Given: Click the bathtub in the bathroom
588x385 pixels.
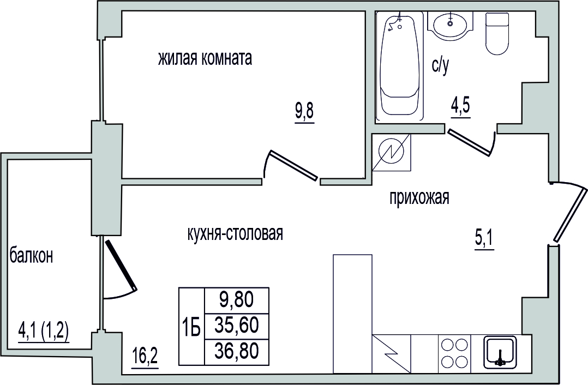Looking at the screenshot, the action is point(400,66).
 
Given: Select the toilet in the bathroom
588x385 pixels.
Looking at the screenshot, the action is point(498,34).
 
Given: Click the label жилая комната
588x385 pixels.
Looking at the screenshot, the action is point(205,59).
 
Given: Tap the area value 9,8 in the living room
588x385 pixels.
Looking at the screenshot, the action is point(304,112).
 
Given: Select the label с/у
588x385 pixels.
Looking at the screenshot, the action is point(440,66).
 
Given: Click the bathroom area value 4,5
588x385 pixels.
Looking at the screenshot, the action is point(460,107).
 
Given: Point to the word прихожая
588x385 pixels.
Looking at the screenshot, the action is point(419,197).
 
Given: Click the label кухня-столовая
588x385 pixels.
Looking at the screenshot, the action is point(235,233).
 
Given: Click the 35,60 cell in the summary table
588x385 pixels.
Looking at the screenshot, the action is point(237,326).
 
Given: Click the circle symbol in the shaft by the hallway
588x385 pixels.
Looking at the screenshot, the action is point(392,152).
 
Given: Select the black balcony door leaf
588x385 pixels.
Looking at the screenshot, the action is point(121,264).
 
